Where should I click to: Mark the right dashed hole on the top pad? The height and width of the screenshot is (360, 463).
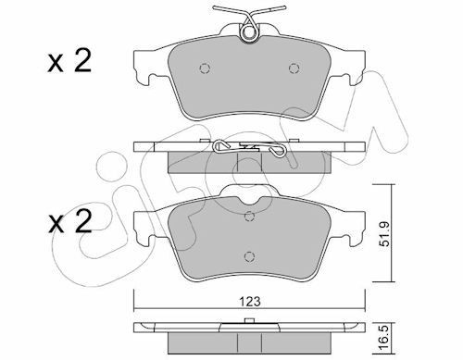tap(294, 67)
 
